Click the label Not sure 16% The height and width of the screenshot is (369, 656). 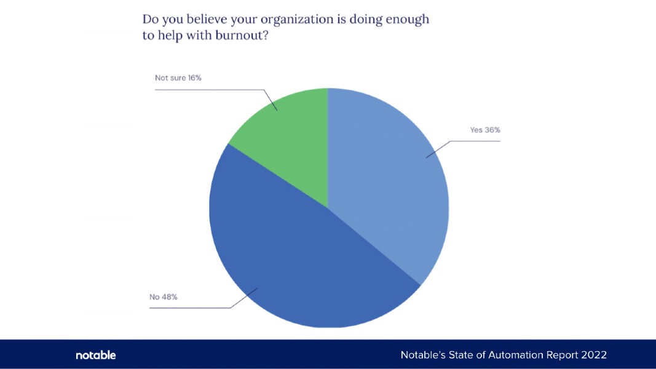(x=178, y=78)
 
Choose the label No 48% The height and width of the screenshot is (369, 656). (x=164, y=297)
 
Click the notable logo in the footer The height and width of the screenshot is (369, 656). (x=95, y=355)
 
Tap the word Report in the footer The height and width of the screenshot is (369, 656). (x=558, y=355)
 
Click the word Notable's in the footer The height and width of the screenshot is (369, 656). (x=421, y=355)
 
